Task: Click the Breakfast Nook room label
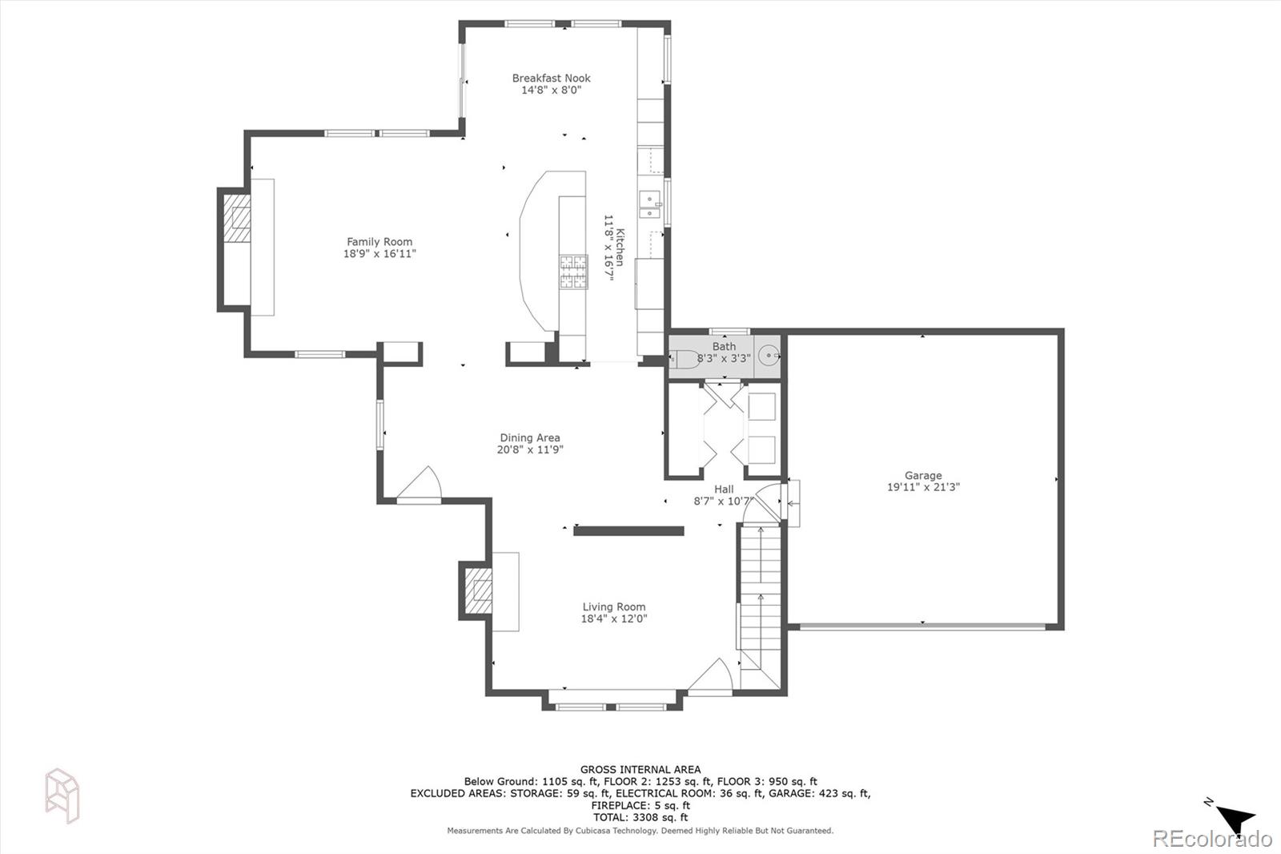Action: point(551,78)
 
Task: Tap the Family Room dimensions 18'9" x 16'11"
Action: point(379,254)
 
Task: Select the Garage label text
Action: point(922,475)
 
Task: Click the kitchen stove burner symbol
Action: point(572,271)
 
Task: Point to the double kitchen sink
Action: point(649,205)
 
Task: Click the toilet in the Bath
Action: point(685,359)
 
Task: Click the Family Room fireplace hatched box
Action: point(236,219)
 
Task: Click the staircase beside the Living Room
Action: point(759,601)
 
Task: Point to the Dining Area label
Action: point(530,437)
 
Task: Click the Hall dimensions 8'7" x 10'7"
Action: point(724,502)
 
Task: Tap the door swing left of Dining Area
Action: point(420,485)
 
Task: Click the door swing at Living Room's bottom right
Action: point(711,675)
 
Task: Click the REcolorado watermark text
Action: point(1211,839)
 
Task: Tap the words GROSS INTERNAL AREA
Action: point(640,769)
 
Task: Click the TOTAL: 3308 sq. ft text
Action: point(640,817)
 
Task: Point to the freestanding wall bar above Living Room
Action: point(628,530)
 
